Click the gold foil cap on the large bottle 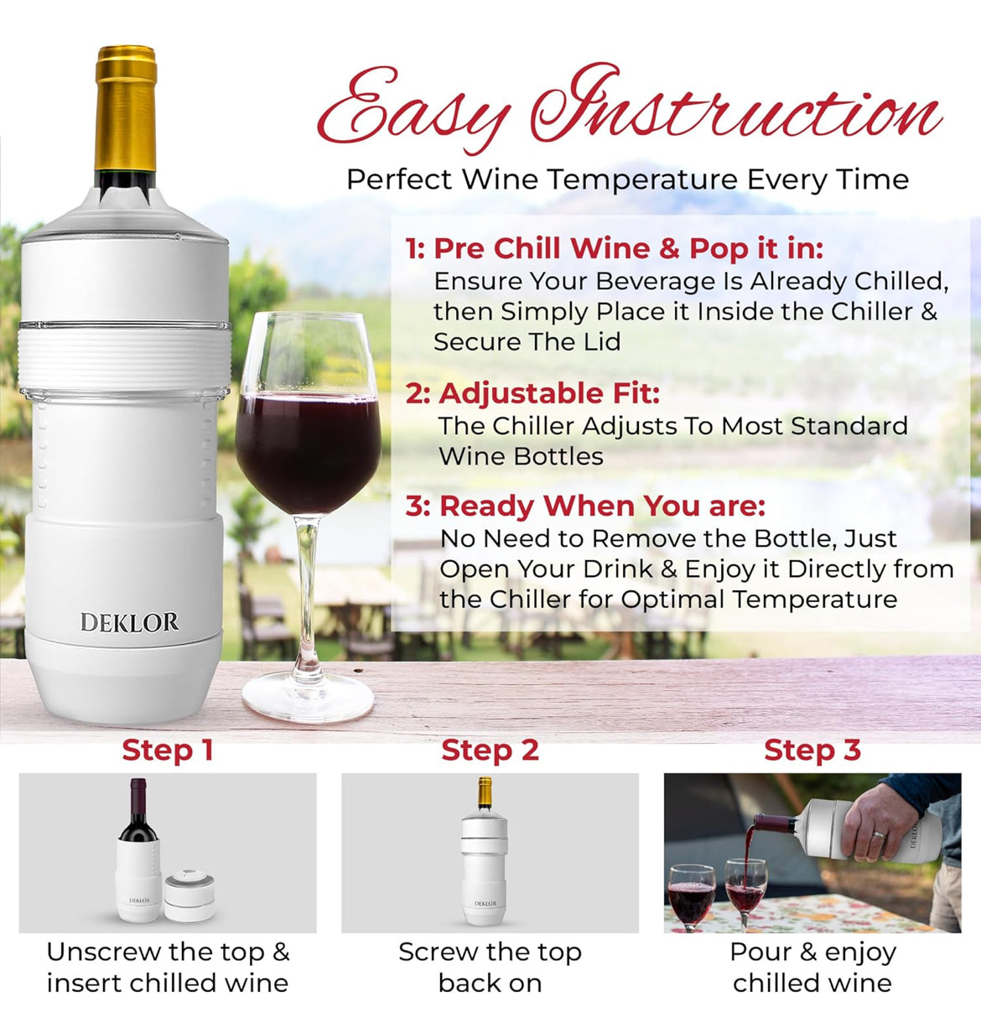click(126, 109)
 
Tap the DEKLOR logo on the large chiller click(129, 622)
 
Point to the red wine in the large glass click(308, 449)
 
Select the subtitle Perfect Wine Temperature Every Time click(627, 179)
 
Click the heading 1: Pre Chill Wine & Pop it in click(614, 248)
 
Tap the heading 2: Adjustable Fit click(532, 393)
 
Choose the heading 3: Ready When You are click(585, 506)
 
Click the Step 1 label click(168, 750)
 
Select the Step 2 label click(490, 750)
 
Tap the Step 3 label click(812, 750)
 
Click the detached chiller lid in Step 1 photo click(189, 896)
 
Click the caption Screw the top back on click(490, 967)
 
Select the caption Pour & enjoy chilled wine click(812, 967)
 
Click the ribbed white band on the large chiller click(125, 356)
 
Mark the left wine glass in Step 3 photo click(691, 896)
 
